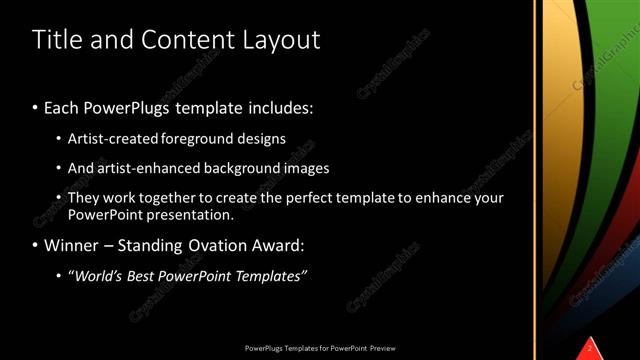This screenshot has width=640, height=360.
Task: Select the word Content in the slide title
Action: (189, 40)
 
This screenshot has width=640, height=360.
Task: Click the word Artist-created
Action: (108, 139)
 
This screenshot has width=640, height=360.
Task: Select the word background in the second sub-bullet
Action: (238, 168)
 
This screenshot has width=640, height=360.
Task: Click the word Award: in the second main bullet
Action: (280, 244)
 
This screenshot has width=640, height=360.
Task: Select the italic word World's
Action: (96, 276)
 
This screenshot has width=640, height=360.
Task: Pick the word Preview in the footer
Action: (386, 348)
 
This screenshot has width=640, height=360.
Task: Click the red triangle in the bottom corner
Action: (590, 348)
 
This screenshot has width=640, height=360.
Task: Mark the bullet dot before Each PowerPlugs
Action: (36, 106)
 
